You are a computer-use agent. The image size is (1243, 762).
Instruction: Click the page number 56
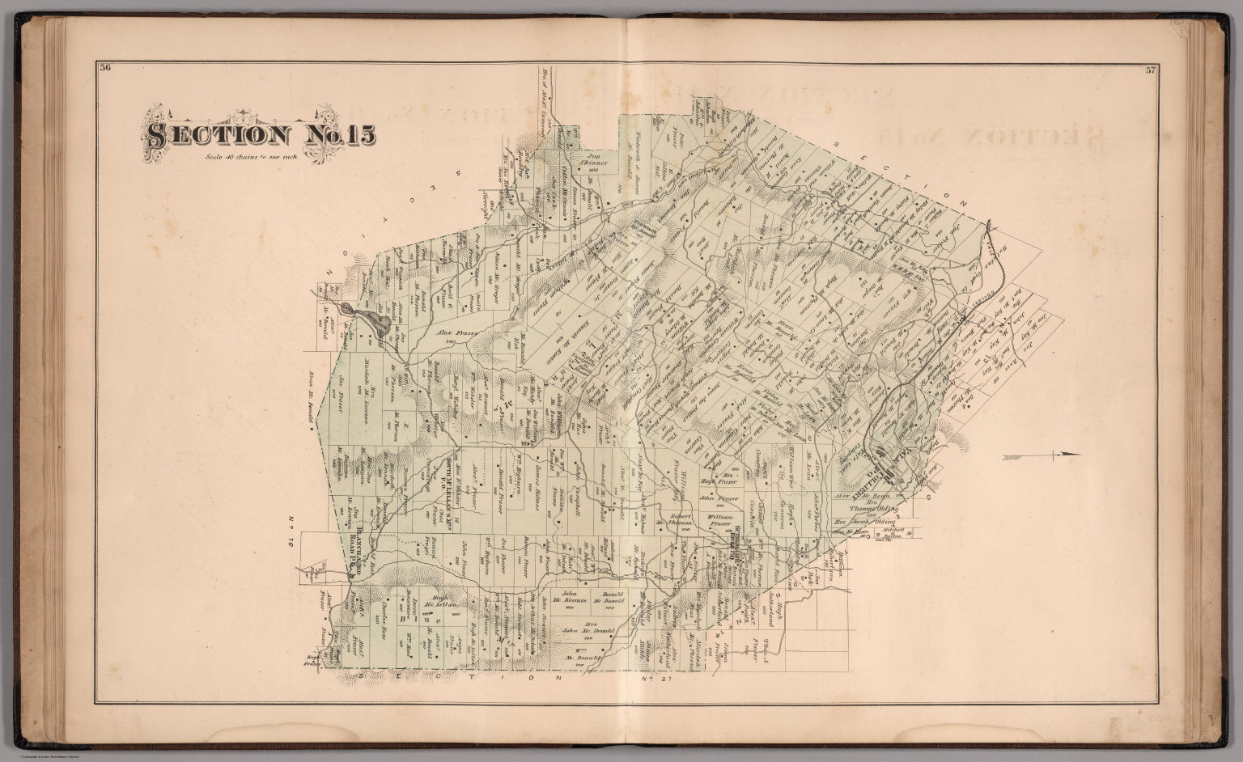[104, 68]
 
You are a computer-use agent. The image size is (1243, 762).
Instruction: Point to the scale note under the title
[252, 155]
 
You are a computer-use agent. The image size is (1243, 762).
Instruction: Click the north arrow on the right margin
[1044, 457]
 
